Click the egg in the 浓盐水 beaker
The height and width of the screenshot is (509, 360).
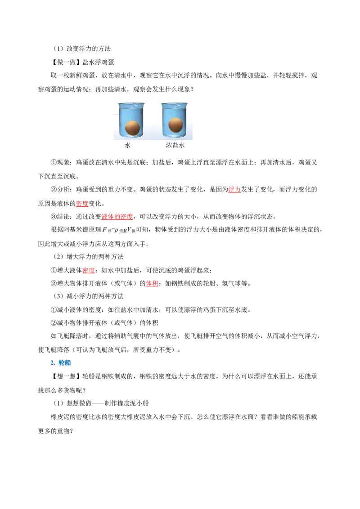point(175,125)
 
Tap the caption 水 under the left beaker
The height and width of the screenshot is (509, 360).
point(127,145)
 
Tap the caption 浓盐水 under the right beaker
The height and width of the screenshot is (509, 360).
point(175,145)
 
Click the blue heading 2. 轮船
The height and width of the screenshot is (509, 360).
point(61,362)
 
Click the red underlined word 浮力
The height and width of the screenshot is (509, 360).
point(234,190)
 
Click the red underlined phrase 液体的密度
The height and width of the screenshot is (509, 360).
point(117,217)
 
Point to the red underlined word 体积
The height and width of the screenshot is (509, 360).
point(152,283)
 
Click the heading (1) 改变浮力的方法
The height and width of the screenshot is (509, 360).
point(82,49)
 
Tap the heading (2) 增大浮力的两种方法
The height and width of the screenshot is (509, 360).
point(88,257)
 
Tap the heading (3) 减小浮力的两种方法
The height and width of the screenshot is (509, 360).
point(88,296)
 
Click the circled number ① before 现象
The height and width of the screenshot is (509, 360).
point(54,163)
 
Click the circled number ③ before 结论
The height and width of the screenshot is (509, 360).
point(54,217)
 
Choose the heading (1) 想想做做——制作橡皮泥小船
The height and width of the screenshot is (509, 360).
point(101,403)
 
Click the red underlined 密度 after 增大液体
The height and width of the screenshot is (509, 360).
point(88,270)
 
